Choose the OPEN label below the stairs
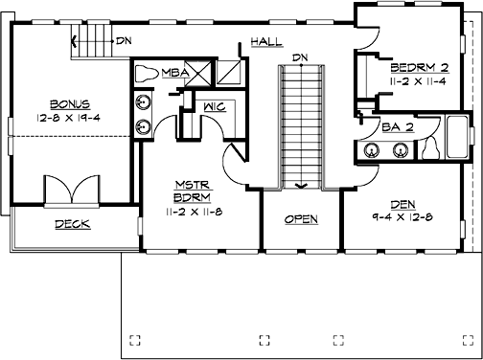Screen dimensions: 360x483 302,219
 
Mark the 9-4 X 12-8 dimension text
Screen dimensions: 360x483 404,215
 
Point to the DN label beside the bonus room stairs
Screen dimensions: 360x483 123,41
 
